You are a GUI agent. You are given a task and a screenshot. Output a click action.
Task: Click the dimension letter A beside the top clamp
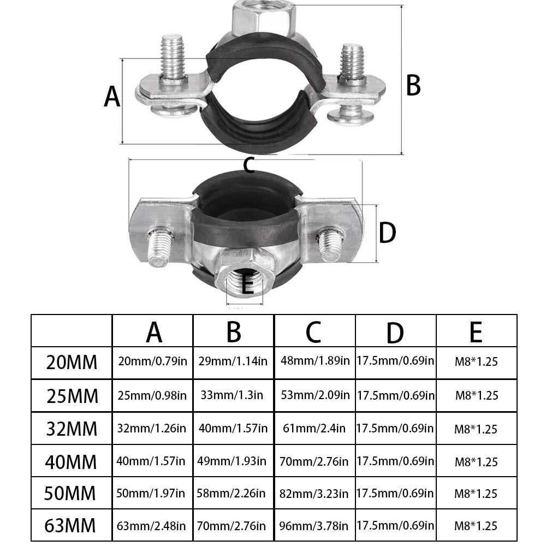(x=112, y=96)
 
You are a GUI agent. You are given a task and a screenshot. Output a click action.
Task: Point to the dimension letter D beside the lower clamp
(x=387, y=233)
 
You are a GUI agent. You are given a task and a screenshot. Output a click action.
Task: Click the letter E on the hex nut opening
(x=247, y=284)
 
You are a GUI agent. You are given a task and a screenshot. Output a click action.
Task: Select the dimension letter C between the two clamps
(x=249, y=165)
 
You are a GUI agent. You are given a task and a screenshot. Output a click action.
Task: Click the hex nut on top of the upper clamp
(x=264, y=18)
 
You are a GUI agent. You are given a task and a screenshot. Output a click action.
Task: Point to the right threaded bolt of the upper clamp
(x=352, y=64)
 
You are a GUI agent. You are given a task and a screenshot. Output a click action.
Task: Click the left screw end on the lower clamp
(x=161, y=246)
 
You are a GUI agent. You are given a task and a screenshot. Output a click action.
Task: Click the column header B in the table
(x=234, y=332)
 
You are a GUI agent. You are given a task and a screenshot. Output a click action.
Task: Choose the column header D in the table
(x=395, y=333)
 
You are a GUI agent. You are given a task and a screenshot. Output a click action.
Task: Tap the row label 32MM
(x=72, y=429)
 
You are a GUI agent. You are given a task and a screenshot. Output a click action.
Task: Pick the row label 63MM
(x=70, y=525)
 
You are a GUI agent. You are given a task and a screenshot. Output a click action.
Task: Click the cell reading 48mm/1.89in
(x=315, y=360)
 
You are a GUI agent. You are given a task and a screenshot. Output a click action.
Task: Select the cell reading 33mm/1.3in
(x=232, y=395)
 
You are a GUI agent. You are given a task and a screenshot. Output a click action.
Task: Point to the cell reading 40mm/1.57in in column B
(x=233, y=428)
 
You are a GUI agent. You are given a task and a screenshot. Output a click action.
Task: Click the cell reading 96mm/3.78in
(x=314, y=526)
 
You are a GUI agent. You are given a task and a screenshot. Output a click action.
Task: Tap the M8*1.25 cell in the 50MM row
(x=476, y=494)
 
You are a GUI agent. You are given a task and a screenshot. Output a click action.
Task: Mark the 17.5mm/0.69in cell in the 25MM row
(x=396, y=395)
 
